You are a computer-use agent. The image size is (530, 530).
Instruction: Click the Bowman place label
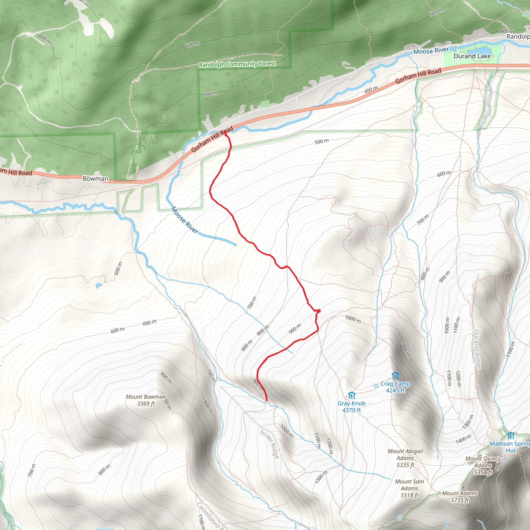click(95, 179)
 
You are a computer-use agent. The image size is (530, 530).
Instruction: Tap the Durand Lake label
click(472, 56)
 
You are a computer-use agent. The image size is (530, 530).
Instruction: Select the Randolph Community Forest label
click(237, 64)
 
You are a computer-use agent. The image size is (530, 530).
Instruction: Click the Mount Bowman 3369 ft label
click(146, 400)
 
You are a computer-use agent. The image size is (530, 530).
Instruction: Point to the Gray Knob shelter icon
click(351, 395)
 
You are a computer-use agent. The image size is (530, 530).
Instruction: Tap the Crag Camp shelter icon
click(395, 375)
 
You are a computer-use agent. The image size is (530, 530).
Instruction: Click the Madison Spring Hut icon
click(511, 435)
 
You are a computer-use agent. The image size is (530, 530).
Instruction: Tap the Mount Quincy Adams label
click(483, 465)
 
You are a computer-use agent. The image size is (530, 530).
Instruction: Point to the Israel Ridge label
click(269, 444)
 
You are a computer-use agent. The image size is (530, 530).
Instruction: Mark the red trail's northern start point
click(225, 132)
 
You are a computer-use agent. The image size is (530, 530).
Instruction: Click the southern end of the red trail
click(266, 401)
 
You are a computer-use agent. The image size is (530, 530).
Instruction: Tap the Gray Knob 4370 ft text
click(351, 407)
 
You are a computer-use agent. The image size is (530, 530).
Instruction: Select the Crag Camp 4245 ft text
click(395, 387)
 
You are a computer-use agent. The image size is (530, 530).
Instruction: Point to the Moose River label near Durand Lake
click(431, 50)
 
